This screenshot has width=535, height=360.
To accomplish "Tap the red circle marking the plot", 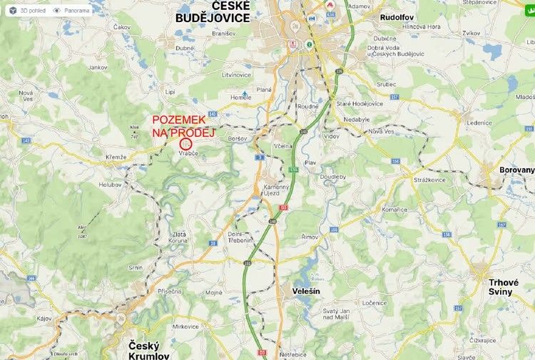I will pos(186,143).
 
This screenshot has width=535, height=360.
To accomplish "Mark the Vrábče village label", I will pos(188,153).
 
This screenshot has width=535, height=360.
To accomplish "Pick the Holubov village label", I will pos(111,185).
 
